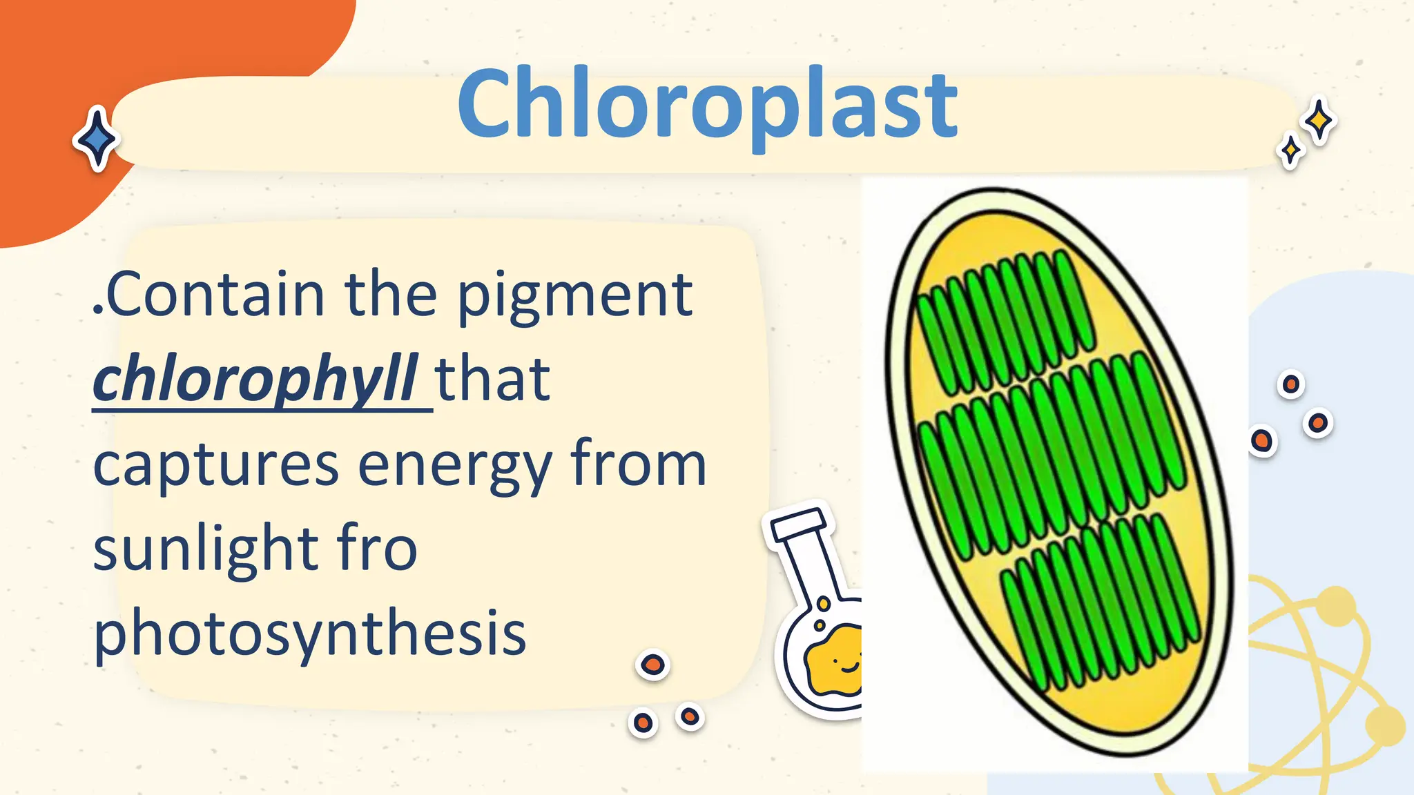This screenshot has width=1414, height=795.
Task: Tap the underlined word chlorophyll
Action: tap(255, 380)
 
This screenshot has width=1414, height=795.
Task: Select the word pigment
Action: tap(575, 297)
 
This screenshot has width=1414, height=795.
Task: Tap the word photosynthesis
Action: tap(310, 634)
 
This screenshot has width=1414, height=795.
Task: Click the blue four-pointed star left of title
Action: tap(97, 138)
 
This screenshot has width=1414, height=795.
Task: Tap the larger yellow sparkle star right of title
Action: tap(1319, 121)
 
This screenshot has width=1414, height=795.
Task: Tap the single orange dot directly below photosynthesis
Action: tap(652, 665)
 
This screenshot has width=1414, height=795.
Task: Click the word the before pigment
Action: tap(391, 295)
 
